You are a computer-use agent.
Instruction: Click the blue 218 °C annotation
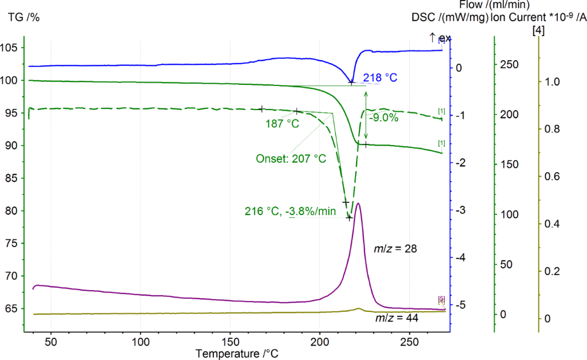pos(383,76)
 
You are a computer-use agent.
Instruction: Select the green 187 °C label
pos(282,123)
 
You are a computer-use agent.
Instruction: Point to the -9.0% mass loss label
pos(383,119)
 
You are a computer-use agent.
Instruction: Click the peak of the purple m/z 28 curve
pos(358,204)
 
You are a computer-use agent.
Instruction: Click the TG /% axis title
pos(24,17)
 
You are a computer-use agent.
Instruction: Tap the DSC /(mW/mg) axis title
pos(450,17)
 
